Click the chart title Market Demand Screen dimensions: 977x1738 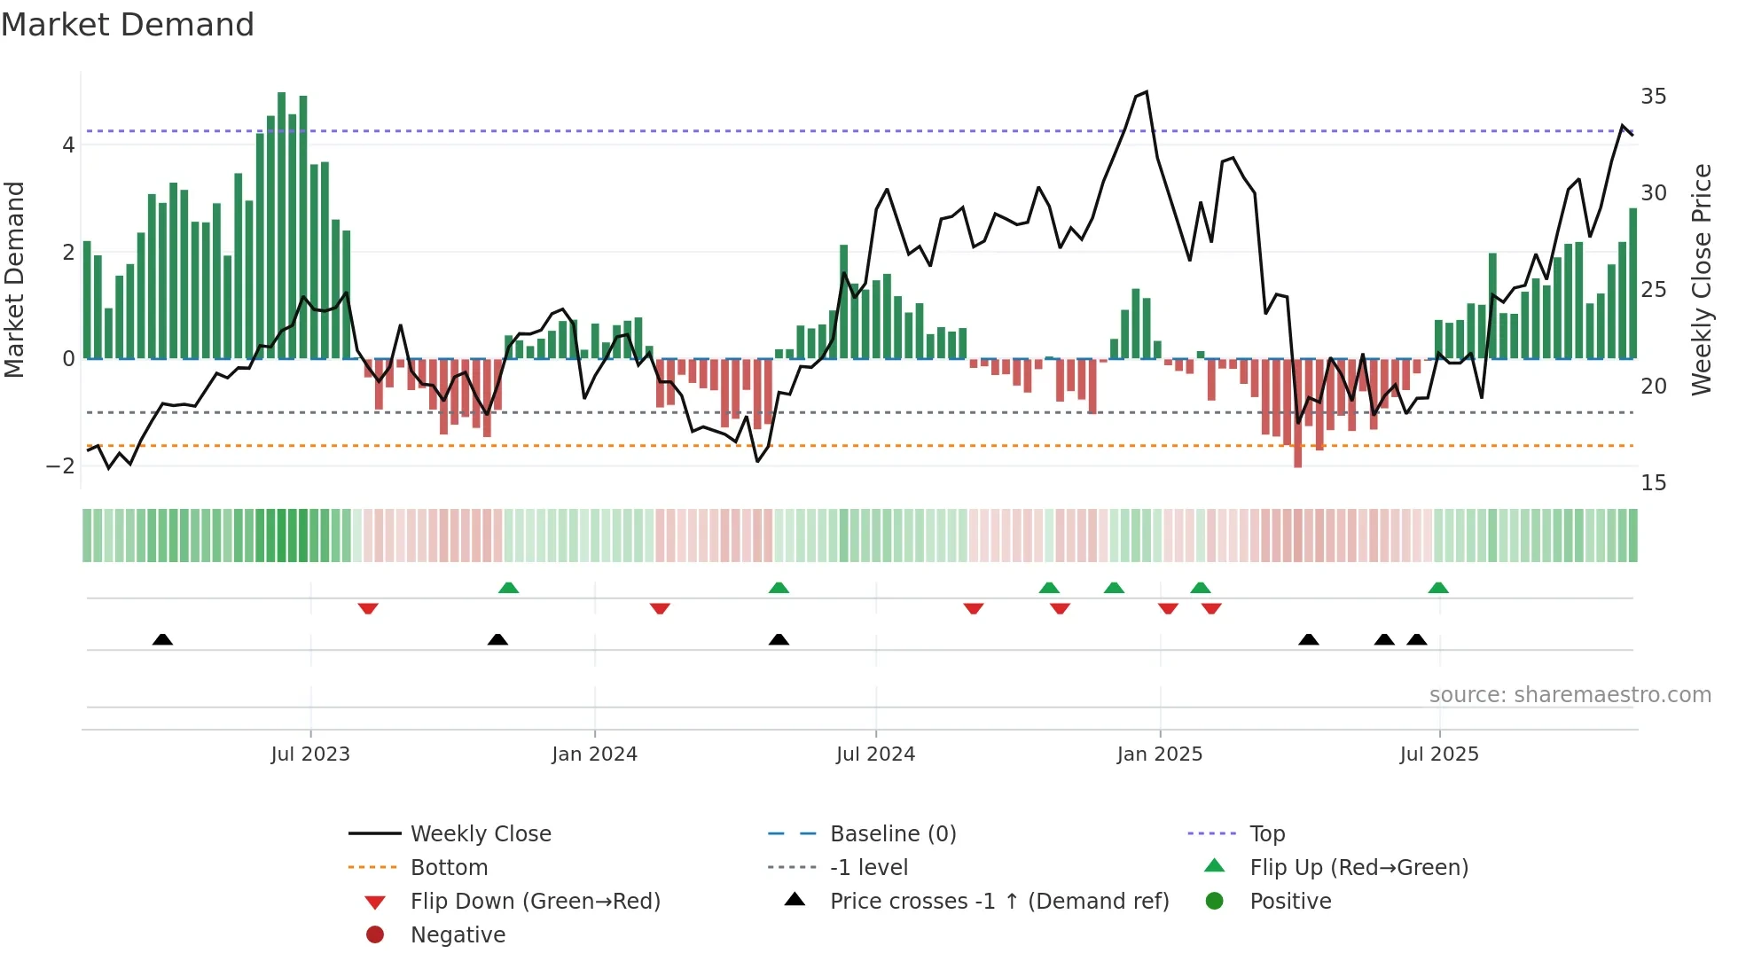click(x=128, y=25)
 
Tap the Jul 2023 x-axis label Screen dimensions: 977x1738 click(x=310, y=754)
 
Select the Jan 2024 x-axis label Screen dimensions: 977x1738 click(x=594, y=754)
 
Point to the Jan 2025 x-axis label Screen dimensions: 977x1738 click(x=1159, y=754)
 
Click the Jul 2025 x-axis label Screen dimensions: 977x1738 click(x=1439, y=754)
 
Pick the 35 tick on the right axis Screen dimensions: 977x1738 click(x=1653, y=97)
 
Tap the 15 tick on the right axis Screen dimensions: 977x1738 click(x=1653, y=483)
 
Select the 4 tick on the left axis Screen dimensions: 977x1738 click(x=68, y=145)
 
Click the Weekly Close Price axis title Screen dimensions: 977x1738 click(x=1701, y=279)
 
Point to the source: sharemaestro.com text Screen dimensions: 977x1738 click(x=1570, y=695)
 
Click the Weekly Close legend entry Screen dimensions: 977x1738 click(x=480, y=834)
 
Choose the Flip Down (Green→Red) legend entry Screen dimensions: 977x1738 click(x=535, y=902)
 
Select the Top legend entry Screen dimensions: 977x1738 click(x=1266, y=834)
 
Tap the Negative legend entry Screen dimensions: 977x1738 click(x=458, y=935)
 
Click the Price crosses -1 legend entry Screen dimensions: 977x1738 click(x=998, y=902)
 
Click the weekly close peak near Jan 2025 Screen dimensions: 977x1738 click(x=1147, y=92)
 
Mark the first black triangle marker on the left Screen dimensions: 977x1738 click(x=162, y=639)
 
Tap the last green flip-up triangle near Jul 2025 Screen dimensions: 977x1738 click(x=1438, y=588)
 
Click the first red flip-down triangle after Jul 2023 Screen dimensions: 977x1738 click(x=368, y=608)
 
